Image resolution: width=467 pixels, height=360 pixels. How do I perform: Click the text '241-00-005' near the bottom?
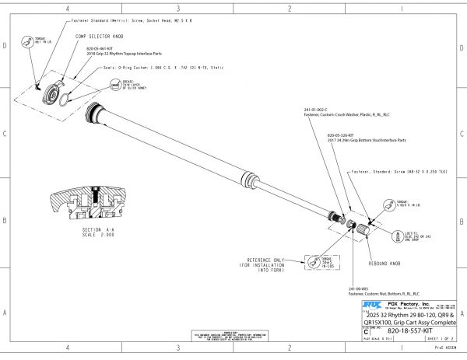[359, 288]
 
